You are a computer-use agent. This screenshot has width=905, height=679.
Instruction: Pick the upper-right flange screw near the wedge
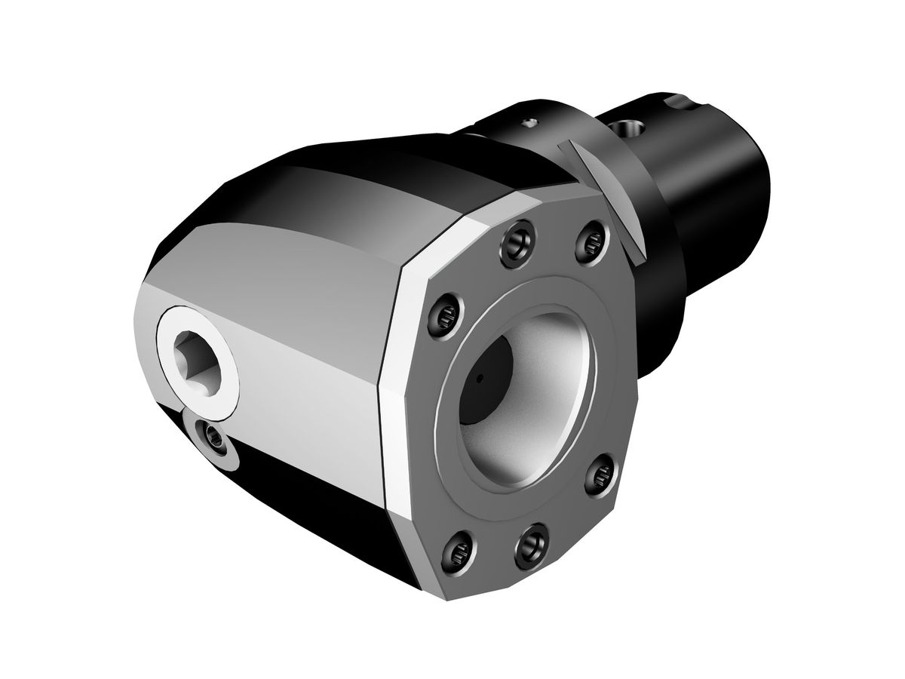[591, 240]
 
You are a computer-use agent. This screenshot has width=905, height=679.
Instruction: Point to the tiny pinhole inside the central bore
[479, 374]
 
